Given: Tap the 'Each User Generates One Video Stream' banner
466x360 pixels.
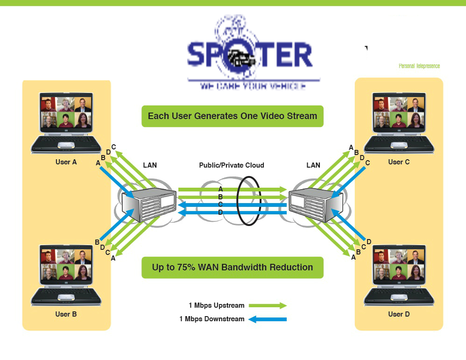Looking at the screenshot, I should (x=233, y=116).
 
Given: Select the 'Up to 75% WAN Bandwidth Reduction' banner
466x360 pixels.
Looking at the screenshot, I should (x=233, y=268).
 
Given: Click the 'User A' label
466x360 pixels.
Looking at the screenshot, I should (x=66, y=162).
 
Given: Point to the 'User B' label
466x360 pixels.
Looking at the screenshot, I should (x=66, y=314).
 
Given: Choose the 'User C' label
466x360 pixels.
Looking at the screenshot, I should (x=399, y=162).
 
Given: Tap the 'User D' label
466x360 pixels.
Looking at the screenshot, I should (x=399, y=314).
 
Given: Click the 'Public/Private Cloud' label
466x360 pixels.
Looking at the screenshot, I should (x=232, y=165).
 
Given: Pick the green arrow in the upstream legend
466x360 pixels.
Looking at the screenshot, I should (x=268, y=305).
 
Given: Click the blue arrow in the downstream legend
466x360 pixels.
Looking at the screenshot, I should (x=268, y=319).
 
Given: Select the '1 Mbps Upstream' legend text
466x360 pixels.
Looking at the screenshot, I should (x=217, y=305).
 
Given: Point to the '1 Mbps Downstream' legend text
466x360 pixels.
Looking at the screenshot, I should (x=212, y=319).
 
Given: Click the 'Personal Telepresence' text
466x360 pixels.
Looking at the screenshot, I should (x=419, y=66).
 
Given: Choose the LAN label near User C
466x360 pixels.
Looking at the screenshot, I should (x=313, y=165).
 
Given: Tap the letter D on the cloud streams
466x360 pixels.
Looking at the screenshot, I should (x=220, y=212).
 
